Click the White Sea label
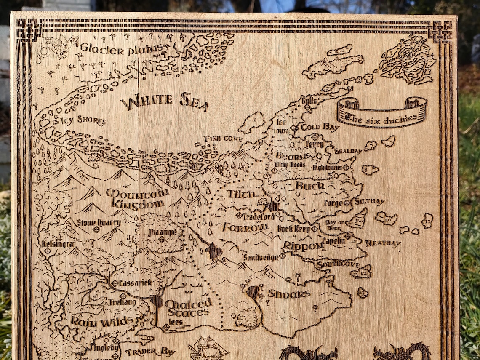point(164,102)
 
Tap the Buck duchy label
point(310,186)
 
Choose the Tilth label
point(242,194)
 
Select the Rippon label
point(302,246)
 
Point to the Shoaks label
point(289,294)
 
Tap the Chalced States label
point(188,308)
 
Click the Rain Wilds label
point(102,321)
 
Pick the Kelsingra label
point(58,244)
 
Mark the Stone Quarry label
point(99,222)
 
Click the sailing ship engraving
point(208,348)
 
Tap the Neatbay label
point(383,243)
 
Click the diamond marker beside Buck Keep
point(314,229)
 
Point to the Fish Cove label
point(223,139)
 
